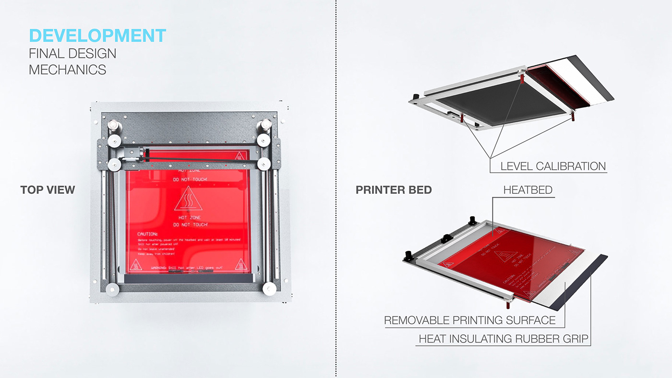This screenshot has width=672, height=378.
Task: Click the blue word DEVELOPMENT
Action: pos(97,36)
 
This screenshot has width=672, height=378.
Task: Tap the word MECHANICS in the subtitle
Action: pos(67,70)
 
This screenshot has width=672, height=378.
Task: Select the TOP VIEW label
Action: pos(48,190)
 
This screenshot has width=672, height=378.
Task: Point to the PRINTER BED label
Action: pos(394,190)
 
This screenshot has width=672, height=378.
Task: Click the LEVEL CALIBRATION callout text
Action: pos(553,166)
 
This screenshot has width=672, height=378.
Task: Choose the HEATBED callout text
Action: pos(528,190)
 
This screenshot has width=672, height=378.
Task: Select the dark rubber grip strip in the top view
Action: pos(188,279)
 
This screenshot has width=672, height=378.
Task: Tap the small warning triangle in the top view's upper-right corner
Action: pos(239,156)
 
